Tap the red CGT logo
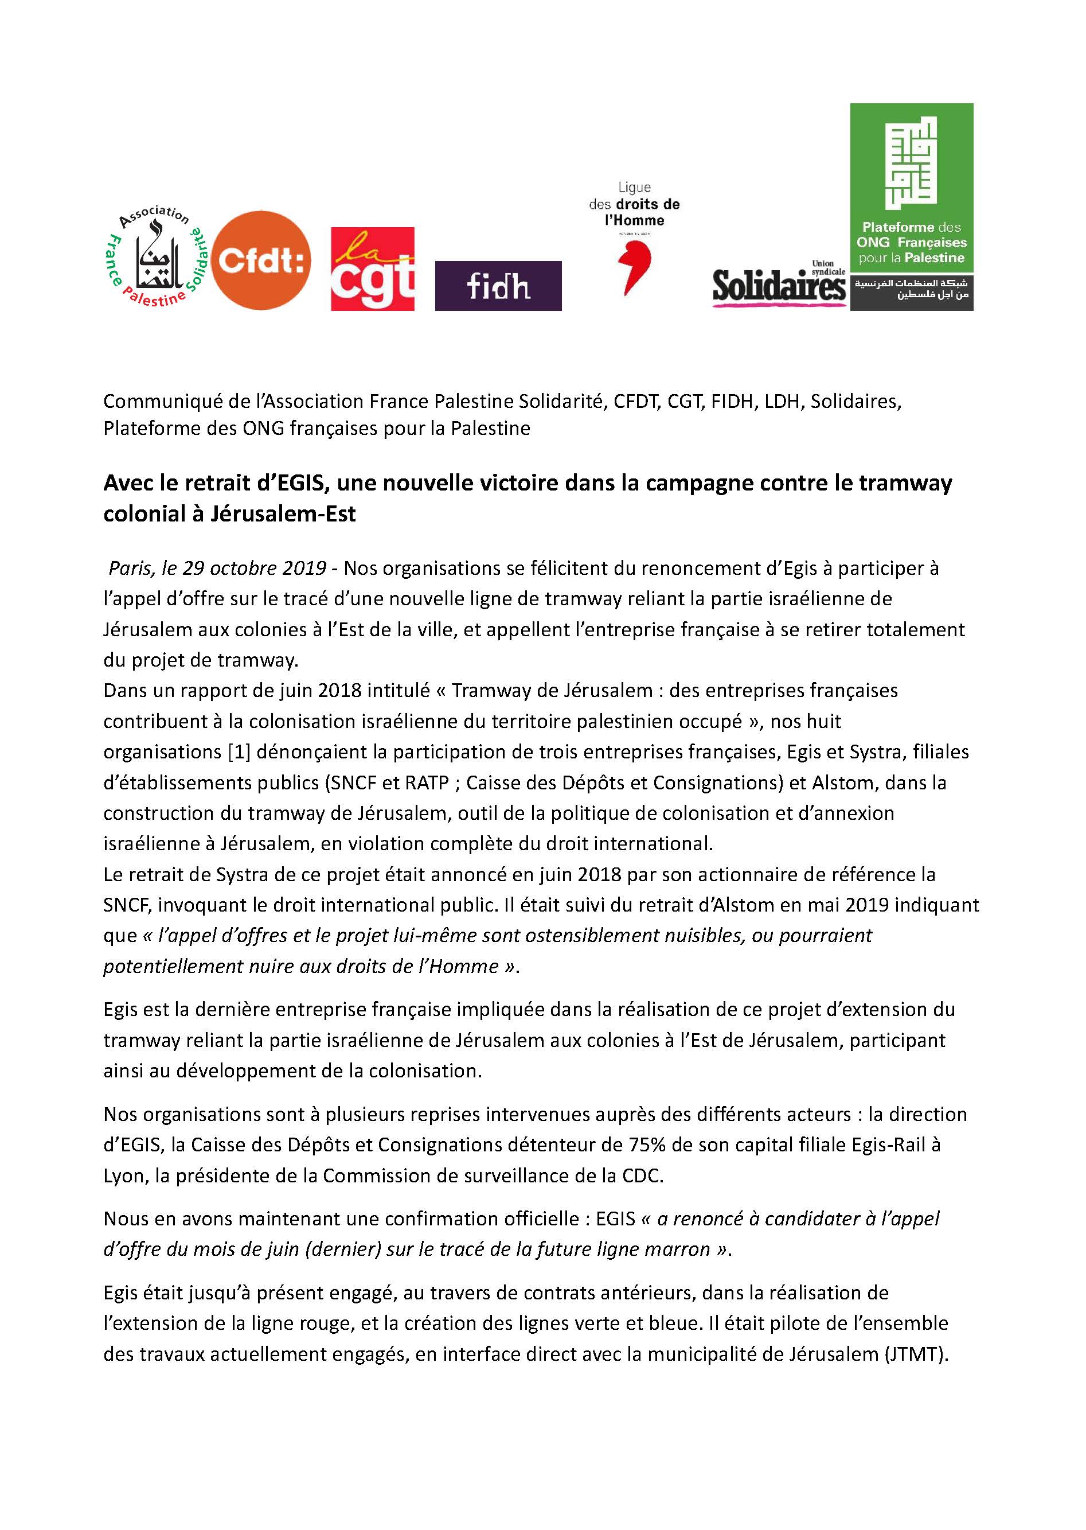pyautogui.click(x=373, y=269)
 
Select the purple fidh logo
pyautogui.click(x=498, y=286)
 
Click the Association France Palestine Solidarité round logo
pyautogui.click(x=158, y=257)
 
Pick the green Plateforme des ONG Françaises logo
pyautogui.click(x=912, y=206)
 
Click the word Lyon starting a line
pyautogui.click(x=124, y=1175)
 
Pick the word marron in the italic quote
pyautogui.click(x=676, y=1249)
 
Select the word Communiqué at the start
pyautogui.click(x=157, y=402)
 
